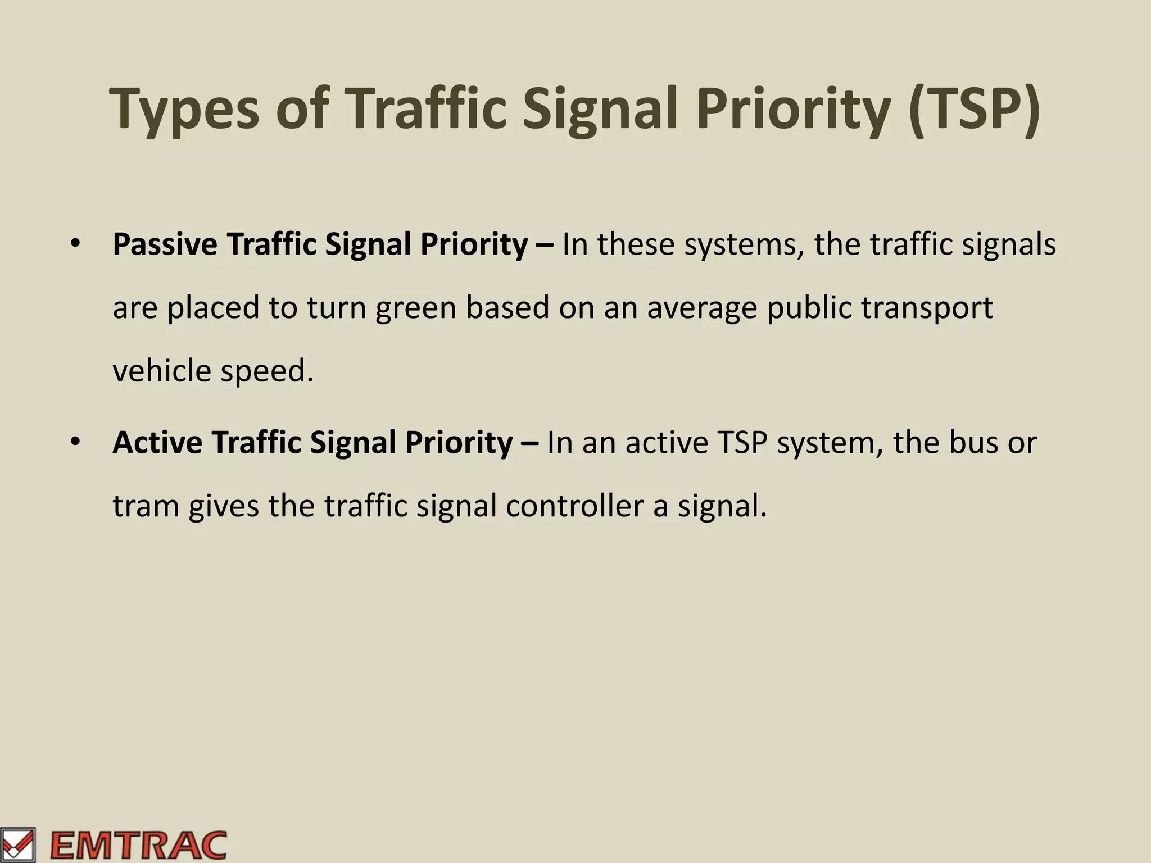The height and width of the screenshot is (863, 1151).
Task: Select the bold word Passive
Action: [165, 245]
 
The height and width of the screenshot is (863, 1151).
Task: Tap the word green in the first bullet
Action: [415, 308]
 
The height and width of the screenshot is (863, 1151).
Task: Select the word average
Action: [702, 308]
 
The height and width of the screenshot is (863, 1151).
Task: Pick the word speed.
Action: [266, 371]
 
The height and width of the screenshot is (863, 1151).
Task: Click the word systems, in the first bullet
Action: [744, 245]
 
